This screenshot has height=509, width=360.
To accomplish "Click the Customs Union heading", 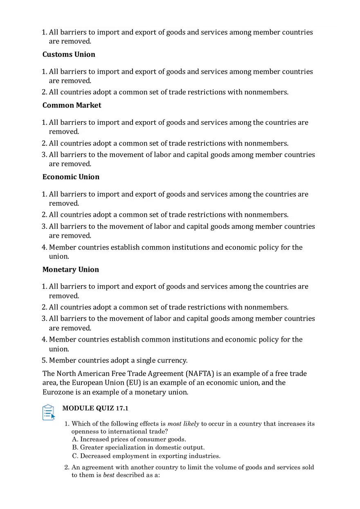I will coord(69,54).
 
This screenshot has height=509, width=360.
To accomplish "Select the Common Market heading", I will coord(72,105).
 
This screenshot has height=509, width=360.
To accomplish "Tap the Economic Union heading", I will coord(71,177).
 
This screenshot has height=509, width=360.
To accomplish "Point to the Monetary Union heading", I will coord(71,270).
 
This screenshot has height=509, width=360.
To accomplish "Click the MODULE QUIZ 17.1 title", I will coord(95,408).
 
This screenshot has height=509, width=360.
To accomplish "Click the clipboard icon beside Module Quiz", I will coord(48,412).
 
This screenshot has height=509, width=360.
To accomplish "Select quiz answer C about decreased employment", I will coord(146,456).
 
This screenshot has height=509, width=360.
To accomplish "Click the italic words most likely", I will coord(183,424).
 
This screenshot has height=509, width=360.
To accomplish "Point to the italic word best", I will coord(108,475).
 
